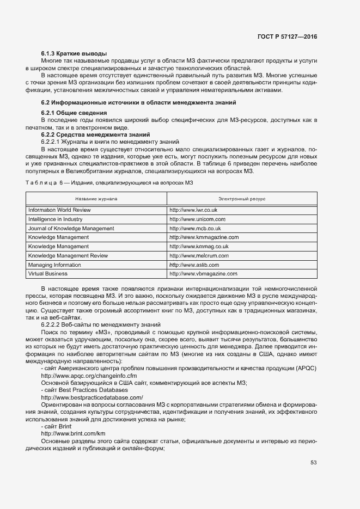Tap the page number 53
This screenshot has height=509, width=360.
click(313, 463)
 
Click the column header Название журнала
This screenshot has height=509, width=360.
click(96, 199)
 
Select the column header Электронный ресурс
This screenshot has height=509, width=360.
click(242, 199)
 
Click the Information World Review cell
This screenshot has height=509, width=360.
click(59, 210)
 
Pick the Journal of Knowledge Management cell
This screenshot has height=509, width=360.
click(71, 228)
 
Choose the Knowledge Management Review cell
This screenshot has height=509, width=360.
click(68, 255)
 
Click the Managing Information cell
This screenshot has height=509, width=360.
click(54, 265)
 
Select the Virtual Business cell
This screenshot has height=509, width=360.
click(48, 273)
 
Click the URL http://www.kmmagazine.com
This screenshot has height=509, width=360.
click(204, 237)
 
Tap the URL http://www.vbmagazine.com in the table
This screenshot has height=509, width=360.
click(203, 273)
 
